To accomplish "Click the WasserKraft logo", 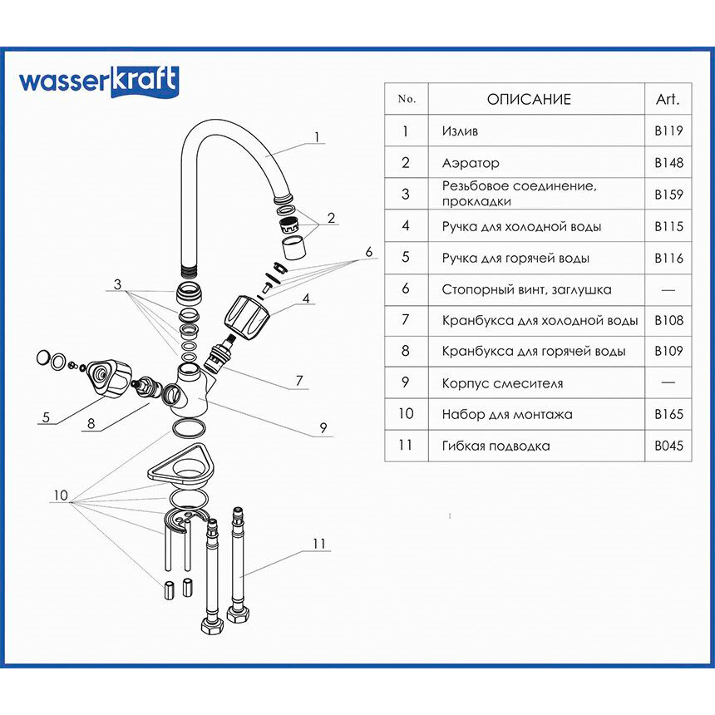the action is (x=98, y=81).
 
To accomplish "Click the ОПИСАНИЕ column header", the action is (x=529, y=100).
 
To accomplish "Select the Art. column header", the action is (x=668, y=100).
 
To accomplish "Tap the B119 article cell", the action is (x=668, y=131).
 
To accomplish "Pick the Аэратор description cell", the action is (x=471, y=163).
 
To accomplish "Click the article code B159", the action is (x=668, y=195).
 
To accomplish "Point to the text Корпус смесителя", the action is (x=503, y=383).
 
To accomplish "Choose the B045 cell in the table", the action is (x=668, y=446).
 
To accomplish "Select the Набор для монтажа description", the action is (x=507, y=414).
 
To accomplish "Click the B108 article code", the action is (x=668, y=319).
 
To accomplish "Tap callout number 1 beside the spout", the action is (x=317, y=137).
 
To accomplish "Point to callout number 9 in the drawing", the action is (x=323, y=429).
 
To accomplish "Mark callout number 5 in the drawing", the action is (x=46, y=417).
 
